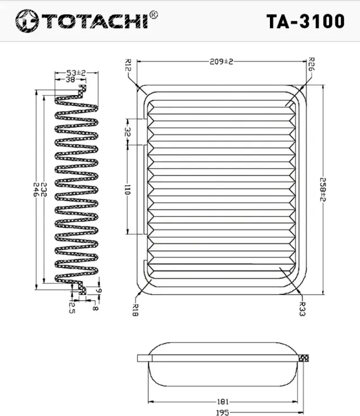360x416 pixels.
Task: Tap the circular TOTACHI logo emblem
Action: tap(24, 21)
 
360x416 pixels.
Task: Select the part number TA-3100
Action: tap(305, 21)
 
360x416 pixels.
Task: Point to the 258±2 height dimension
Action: tap(323, 190)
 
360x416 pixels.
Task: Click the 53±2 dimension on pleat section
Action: tap(75, 73)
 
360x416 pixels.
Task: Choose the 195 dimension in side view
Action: tap(224, 412)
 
